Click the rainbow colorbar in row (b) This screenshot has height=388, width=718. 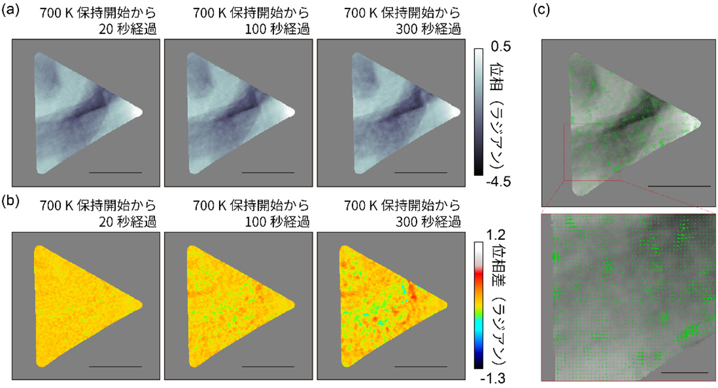click(479, 305)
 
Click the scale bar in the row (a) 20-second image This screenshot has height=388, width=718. click(115, 172)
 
